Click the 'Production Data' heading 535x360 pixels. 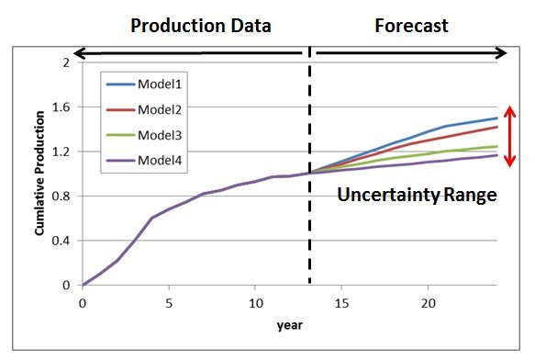click(201, 25)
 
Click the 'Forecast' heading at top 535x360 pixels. click(411, 25)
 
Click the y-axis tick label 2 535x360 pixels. click(66, 62)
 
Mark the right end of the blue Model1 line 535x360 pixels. click(496, 118)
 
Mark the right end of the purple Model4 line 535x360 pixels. click(496, 155)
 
